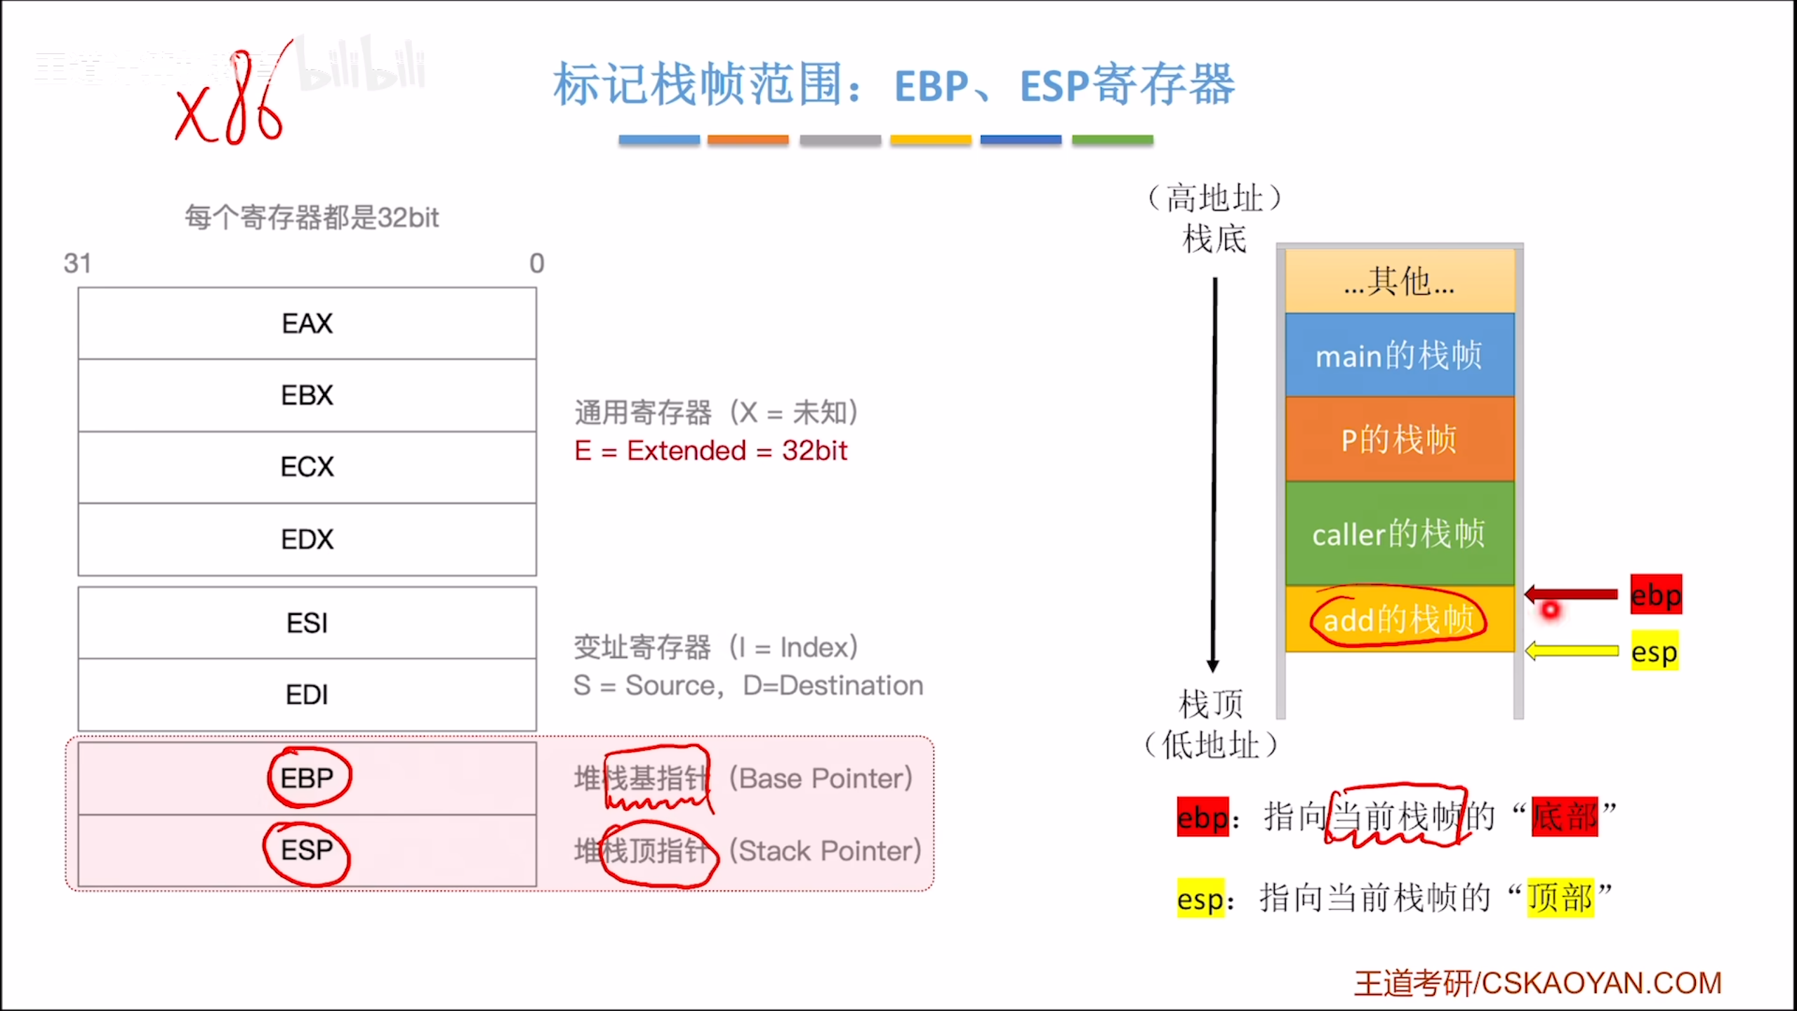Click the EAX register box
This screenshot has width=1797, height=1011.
point(307,324)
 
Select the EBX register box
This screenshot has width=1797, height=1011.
point(307,395)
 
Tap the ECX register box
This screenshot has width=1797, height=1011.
point(307,467)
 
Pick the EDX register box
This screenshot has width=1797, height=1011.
point(307,539)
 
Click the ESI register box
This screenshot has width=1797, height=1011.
point(307,623)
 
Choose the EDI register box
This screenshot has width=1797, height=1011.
point(307,694)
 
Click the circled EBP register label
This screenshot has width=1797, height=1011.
point(308,778)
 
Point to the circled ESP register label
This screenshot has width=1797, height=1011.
point(307,851)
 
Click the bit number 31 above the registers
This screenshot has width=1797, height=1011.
point(77,263)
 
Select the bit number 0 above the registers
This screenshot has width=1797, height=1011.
point(537,263)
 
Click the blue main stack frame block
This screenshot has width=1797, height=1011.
point(1399,355)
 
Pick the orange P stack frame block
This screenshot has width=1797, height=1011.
point(1399,440)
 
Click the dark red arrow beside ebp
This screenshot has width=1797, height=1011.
point(1572,595)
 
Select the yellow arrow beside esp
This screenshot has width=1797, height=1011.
point(1572,651)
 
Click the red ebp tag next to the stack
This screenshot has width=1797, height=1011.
point(1656,595)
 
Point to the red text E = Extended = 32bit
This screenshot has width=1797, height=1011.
point(710,451)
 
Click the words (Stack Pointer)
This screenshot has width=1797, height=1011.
point(825,851)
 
